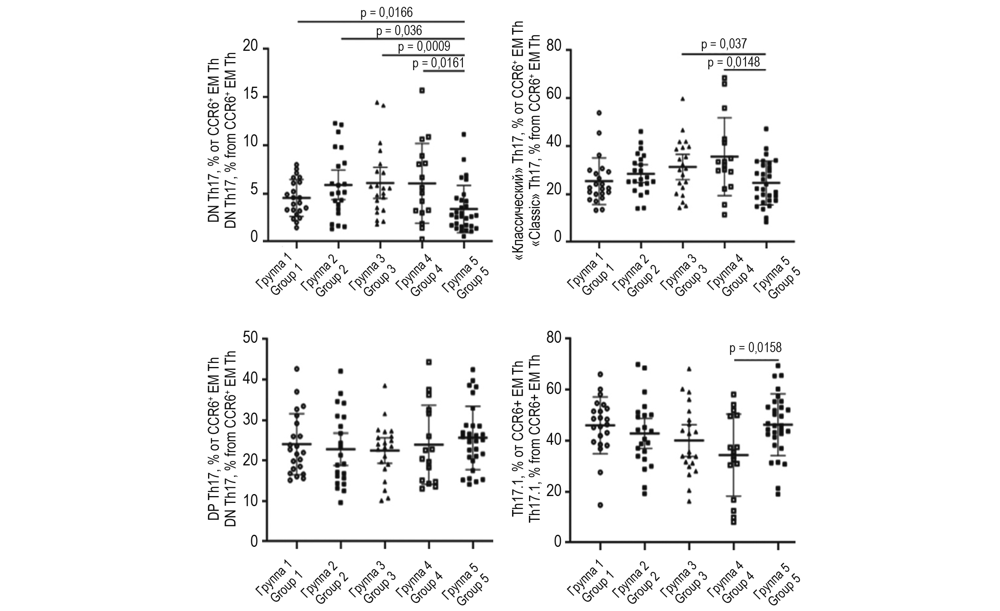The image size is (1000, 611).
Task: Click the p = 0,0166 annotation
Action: (386, 13)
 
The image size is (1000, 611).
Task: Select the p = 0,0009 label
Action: (424, 47)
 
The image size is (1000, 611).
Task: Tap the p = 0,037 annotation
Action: (724, 44)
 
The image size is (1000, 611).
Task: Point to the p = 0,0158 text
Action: (755, 348)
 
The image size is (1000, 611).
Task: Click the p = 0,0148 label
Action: (734, 63)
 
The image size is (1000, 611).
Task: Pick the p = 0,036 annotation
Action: (399, 30)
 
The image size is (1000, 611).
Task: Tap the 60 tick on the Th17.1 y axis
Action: (554, 390)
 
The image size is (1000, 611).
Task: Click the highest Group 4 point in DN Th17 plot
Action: (422, 90)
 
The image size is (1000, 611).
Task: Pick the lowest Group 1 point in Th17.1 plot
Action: (600, 505)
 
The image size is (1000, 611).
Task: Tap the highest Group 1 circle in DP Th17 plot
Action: (297, 369)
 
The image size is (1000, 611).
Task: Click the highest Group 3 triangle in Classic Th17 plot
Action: (683, 99)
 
